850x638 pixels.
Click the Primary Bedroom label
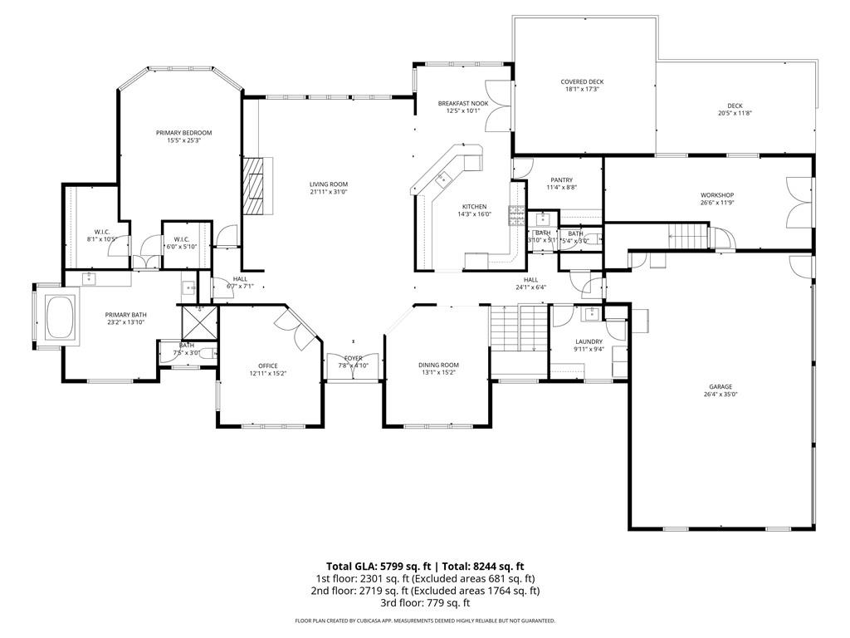(x=184, y=133)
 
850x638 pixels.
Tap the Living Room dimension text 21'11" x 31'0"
(x=329, y=192)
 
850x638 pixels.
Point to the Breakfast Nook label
(x=463, y=103)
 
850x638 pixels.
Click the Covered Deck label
(x=582, y=81)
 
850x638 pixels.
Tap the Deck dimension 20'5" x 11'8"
(x=735, y=113)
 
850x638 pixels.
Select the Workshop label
(x=717, y=195)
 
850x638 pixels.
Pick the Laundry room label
(x=589, y=341)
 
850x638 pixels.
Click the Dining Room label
(x=438, y=365)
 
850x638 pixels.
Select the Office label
(x=267, y=366)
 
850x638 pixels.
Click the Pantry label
(x=562, y=180)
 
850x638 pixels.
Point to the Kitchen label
(x=475, y=207)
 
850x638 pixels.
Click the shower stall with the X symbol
(x=198, y=318)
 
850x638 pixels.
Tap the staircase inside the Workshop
(x=688, y=235)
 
